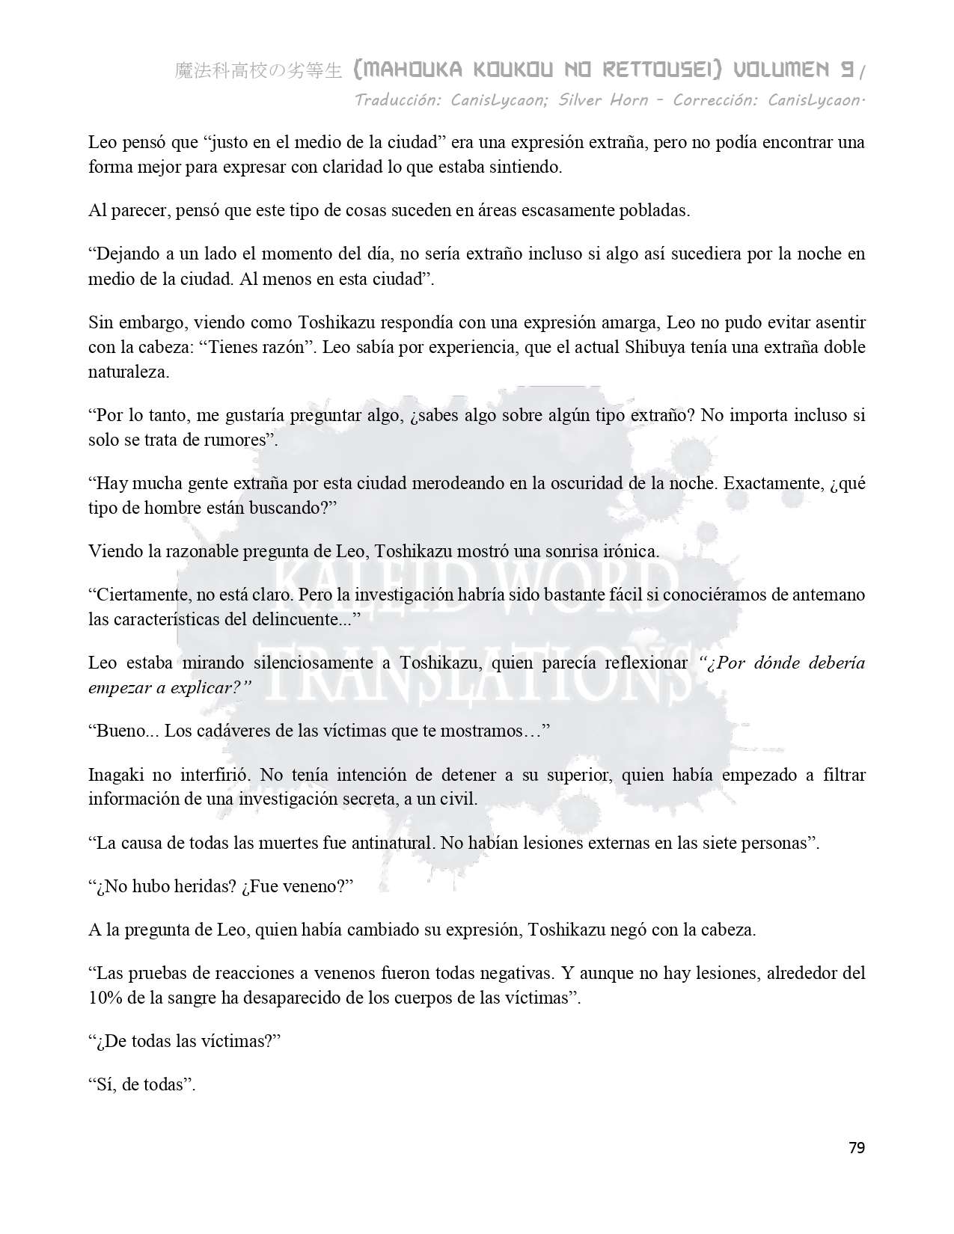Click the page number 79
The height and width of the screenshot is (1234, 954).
(x=857, y=1147)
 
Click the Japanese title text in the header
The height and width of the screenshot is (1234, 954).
(x=258, y=71)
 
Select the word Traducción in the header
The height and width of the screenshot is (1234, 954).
(x=399, y=100)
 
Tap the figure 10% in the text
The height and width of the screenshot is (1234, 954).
(x=106, y=998)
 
